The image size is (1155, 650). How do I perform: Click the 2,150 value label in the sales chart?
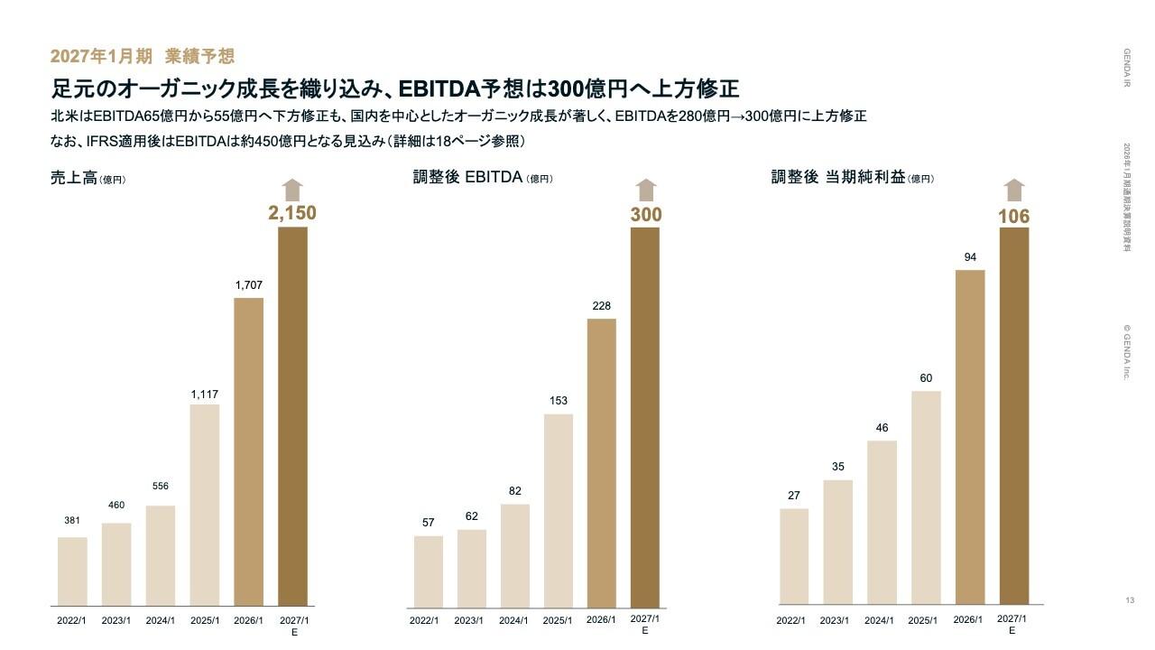[292, 213]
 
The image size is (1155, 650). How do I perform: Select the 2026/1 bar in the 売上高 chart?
[249, 451]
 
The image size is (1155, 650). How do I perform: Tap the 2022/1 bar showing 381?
[72, 571]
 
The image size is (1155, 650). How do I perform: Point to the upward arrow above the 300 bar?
[645, 190]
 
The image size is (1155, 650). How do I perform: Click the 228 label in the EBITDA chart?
[602, 306]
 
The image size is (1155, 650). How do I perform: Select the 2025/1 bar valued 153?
[558, 510]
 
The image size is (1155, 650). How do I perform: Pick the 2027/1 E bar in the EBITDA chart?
[645, 416]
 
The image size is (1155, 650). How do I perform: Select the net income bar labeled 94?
[970, 437]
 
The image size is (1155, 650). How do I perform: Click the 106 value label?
[1013, 217]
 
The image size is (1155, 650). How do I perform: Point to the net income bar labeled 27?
[794, 556]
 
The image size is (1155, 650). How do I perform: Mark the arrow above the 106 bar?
[1014, 190]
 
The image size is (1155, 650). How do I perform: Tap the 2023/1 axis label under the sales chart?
[116, 621]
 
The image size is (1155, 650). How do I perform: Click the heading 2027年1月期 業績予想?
[143, 56]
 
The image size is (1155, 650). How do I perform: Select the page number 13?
[1130, 601]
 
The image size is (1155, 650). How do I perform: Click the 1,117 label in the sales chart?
[205, 395]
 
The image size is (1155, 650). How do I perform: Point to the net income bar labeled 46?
[882, 523]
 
